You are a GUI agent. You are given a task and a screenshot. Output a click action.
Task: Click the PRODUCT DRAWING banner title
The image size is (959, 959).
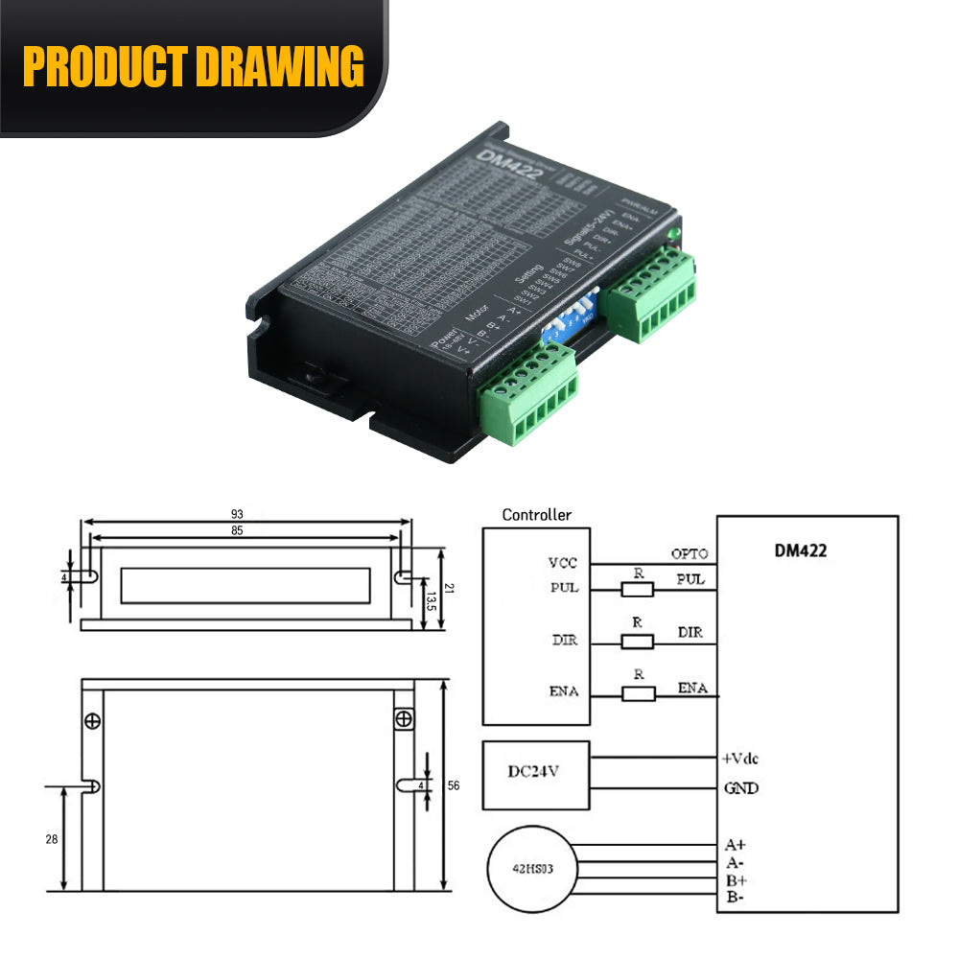coord(193,67)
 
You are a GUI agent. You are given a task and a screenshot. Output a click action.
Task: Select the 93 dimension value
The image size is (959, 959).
coord(248,515)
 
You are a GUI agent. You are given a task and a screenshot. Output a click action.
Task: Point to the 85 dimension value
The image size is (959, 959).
coord(248,530)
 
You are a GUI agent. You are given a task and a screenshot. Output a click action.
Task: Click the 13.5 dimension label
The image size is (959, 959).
coord(432,601)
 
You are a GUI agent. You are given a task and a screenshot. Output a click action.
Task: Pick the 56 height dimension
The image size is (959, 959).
coord(454,785)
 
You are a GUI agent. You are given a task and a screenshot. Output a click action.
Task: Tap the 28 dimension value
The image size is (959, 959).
coord(51,838)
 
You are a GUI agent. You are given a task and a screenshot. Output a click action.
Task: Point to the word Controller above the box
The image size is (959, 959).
coord(537,515)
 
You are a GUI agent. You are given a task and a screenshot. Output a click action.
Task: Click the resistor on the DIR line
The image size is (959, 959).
coord(638,642)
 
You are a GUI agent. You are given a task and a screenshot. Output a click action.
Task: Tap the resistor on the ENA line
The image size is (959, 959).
coord(638,693)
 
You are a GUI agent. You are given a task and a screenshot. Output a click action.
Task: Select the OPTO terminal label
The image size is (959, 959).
coord(690,553)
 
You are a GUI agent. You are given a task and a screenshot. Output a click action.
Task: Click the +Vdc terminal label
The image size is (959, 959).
coord(739,758)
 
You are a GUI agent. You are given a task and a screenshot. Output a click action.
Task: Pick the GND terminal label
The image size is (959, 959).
coord(740,788)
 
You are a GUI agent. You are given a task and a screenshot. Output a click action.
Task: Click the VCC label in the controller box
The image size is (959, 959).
coord(563,563)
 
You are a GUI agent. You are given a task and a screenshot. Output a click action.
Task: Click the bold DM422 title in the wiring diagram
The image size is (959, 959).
coord(800,550)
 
